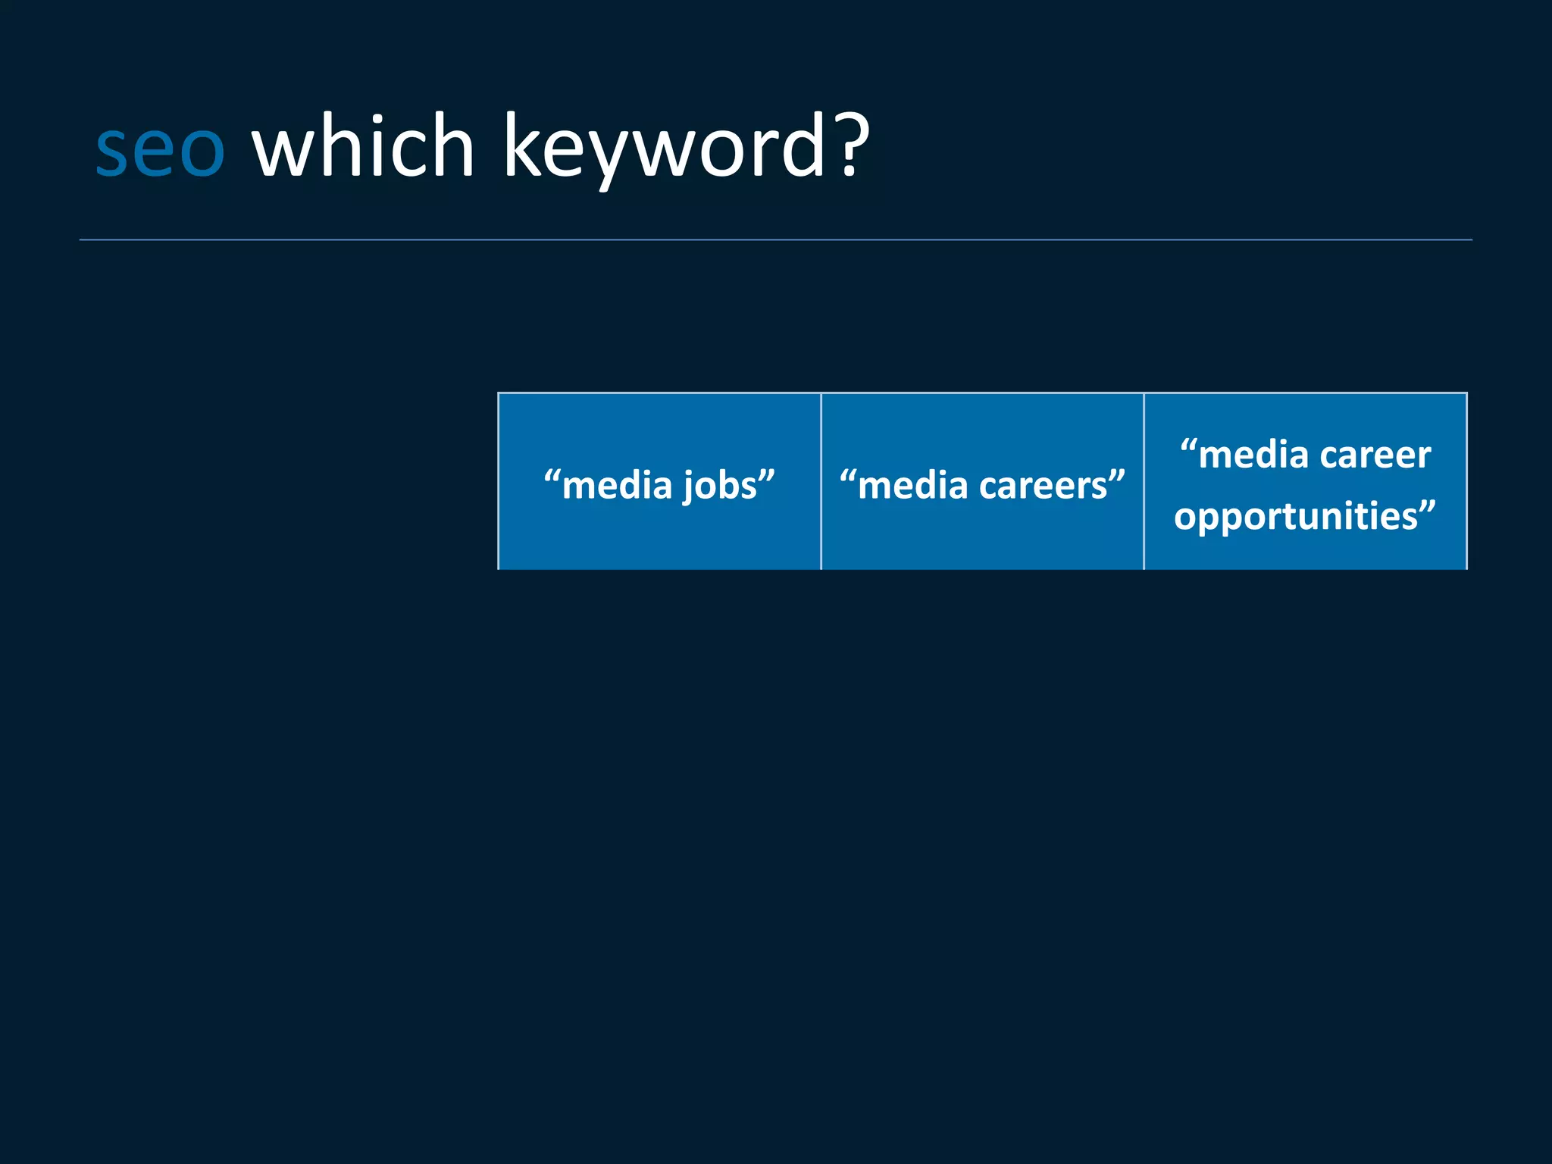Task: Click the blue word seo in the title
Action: click(160, 149)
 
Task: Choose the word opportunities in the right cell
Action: click(1295, 516)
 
